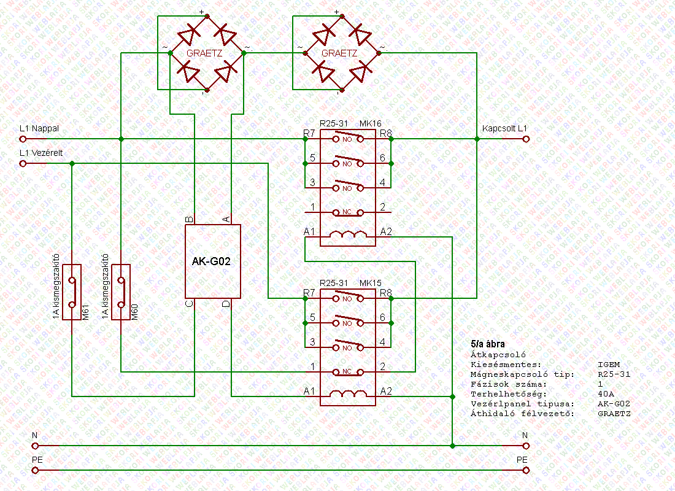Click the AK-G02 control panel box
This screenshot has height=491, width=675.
tap(213, 261)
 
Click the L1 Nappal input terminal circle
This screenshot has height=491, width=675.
tap(23, 139)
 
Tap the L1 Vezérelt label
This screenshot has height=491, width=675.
tap(42, 153)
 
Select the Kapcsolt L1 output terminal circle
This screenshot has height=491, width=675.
tap(526, 139)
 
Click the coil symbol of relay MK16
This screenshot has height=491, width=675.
tap(348, 234)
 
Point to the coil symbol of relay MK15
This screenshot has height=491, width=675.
tap(348, 393)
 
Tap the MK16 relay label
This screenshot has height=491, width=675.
tap(371, 123)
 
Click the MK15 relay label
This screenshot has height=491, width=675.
tap(371, 283)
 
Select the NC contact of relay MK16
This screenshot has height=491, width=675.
tap(348, 213)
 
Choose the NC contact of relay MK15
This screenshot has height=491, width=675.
tap(348, 373)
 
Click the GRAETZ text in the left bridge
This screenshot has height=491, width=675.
tap(204, 53)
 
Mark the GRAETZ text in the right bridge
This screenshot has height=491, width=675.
tap(339, 53)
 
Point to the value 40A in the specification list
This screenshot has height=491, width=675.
tap(605, 393)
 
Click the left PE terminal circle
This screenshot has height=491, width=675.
tap(35, 470)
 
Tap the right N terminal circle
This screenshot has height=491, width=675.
tap(526, 446)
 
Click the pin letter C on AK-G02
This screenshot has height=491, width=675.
tap(190, 303)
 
